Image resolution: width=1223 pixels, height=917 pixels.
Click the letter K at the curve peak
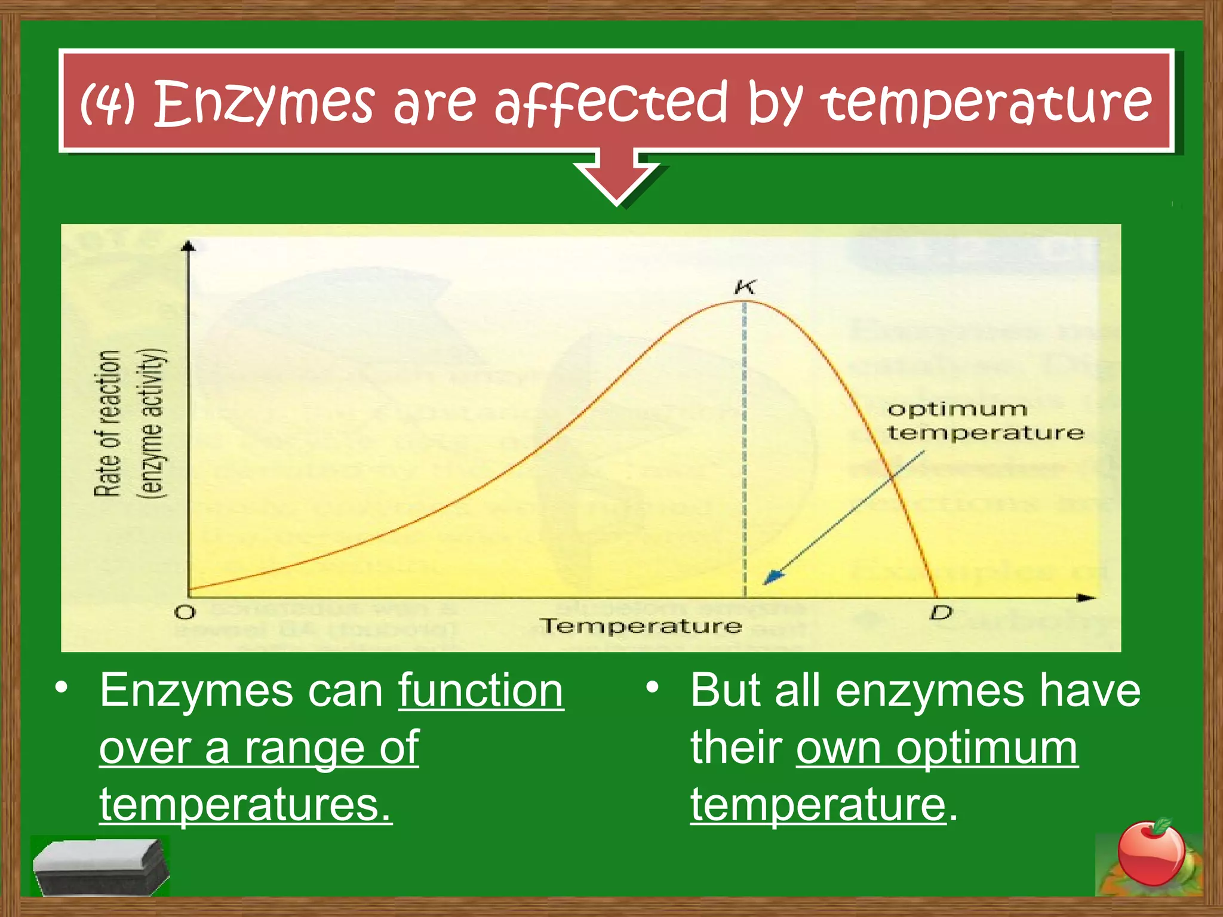(x=745, y=287)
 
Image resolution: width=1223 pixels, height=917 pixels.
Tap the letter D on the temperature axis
(x=941, y=613)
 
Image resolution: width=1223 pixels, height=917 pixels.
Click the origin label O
(x=185, y=613)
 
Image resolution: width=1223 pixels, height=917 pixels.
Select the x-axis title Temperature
(x=640, y=626)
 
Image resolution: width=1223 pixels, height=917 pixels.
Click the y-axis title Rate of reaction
(x=108, y=423)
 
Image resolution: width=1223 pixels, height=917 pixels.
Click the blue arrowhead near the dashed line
(x=773, y=577)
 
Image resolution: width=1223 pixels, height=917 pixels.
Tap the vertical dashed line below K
(x=744, y=448)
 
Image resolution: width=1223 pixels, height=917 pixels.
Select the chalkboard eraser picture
(x=100, y=866)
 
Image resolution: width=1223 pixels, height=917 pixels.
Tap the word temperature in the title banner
(x=986, y=103)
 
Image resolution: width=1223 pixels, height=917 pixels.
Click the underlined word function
(x=481, y=691)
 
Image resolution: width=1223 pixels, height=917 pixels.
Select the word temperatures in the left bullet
(x=245, y=805)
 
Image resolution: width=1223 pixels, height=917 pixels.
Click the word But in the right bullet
(x=725, y=691)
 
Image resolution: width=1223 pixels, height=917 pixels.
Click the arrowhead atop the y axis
(x=189, y=245)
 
